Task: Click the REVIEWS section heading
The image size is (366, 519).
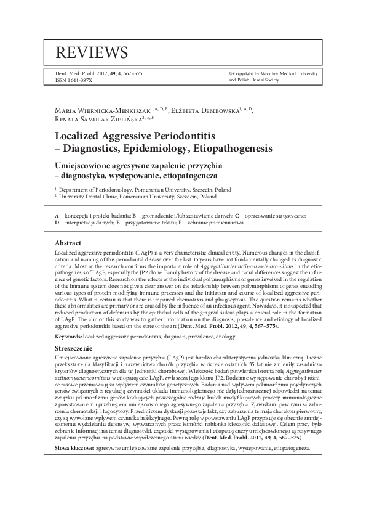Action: tap(91, 51)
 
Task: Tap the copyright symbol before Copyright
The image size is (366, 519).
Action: tap(230, 72)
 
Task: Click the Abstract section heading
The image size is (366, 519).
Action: tap(68, 243)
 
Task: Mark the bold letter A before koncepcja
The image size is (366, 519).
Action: tap(57, 216)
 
